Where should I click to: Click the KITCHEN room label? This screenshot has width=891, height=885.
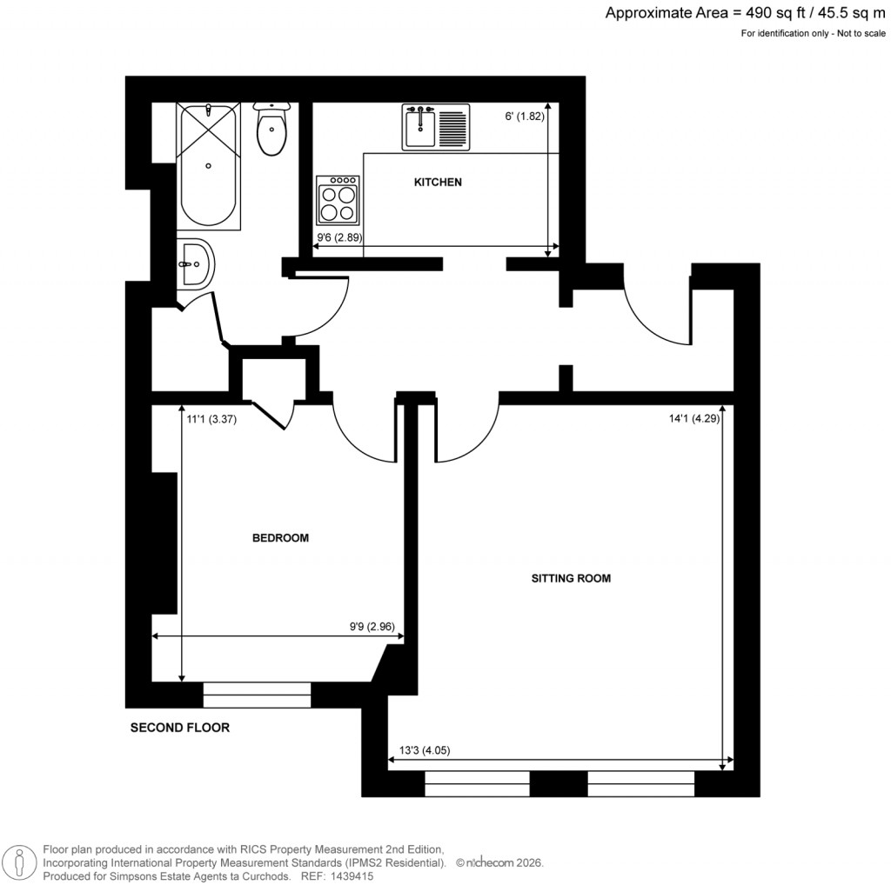tap(437, 183)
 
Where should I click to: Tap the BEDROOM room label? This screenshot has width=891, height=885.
tap(280, 538)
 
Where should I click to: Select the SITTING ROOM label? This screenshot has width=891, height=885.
tap(571, 577)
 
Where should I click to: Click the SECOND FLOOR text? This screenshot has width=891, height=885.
tap(180, 728)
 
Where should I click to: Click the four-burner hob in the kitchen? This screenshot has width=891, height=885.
tap(338, 200)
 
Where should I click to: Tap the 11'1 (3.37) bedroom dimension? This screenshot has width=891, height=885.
tap(212, 418)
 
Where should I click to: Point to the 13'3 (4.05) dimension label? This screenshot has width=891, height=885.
tap(424, 752)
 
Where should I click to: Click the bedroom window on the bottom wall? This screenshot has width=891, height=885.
tap(257, 695)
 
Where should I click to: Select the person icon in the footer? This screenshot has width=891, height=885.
tap(17, 862)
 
